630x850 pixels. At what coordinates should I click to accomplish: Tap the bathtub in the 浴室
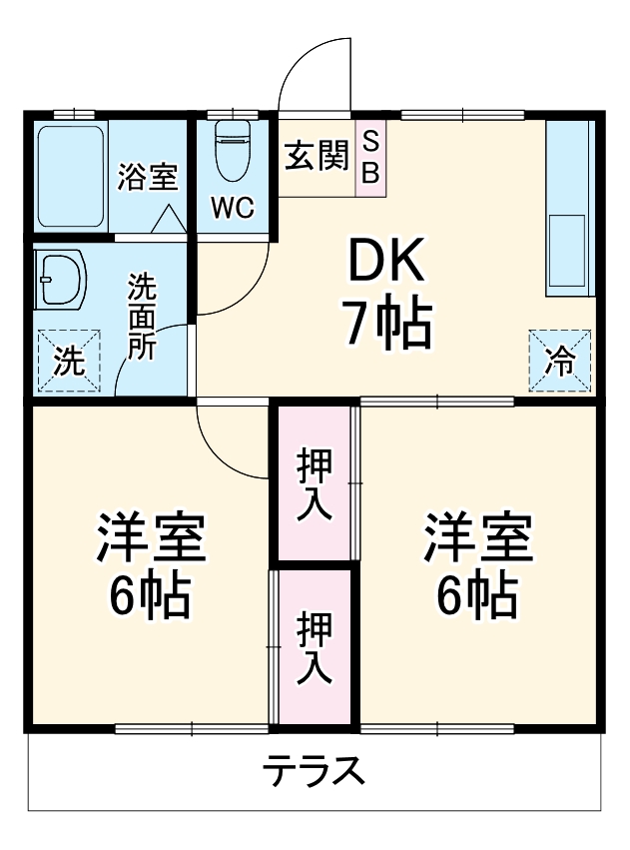(71, 175)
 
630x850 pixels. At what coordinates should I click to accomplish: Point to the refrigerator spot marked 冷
(560, 361)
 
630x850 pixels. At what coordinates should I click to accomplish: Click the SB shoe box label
(370, 157)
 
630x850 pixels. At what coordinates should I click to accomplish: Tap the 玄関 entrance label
(316, 156)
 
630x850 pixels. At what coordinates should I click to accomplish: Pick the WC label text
(232, 208)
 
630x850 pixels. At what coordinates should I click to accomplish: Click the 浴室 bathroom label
(147, 177)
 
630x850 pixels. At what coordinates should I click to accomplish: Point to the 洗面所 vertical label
(142, 318)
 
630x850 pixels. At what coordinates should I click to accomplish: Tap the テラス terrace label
(312, 772)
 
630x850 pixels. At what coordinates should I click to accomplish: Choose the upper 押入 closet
(315, 483)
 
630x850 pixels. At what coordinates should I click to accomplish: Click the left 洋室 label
(150, 539)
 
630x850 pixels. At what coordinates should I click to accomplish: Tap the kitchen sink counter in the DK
(570, 210)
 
